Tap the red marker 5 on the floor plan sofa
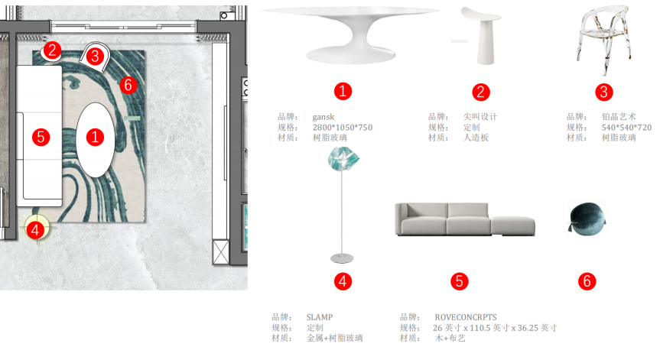pyautogui.click(x=41, y=138)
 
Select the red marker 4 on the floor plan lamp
pyautogui.click(x=34, y=228)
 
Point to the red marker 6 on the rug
pyautogui.click(x=128, y=85)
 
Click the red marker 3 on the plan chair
pyautogui.click(x=95, y=56)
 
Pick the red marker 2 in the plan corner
pyautogui.click(x=51, y=51)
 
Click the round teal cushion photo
pyautogui.click(x=584, y=219)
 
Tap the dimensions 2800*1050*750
pyautogui.click(x=343, y=128)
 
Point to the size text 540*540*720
pyautogui.click(x=626, y=128)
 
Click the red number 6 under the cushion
pyautogui.click(x=587, y=281)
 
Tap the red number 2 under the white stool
pyautogui.click(x=481, y=92)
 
